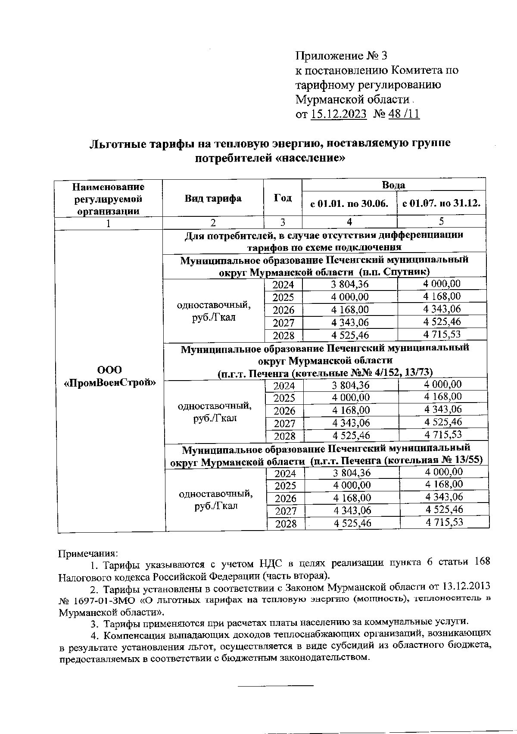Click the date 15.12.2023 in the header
[x=338, y=114]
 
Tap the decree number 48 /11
[x=404, y=114]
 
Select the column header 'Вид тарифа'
[x=213, y=198]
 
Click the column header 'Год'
[x=283, y=198]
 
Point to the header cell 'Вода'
[x=393, y=185]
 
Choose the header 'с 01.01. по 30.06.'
[x=349, y=203]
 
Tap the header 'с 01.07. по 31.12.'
[x=441, y=203]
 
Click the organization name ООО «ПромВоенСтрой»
[x=109, y=376]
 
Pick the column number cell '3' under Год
[x=283, y=222]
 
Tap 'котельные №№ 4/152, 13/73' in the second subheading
[x=362, y=372]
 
